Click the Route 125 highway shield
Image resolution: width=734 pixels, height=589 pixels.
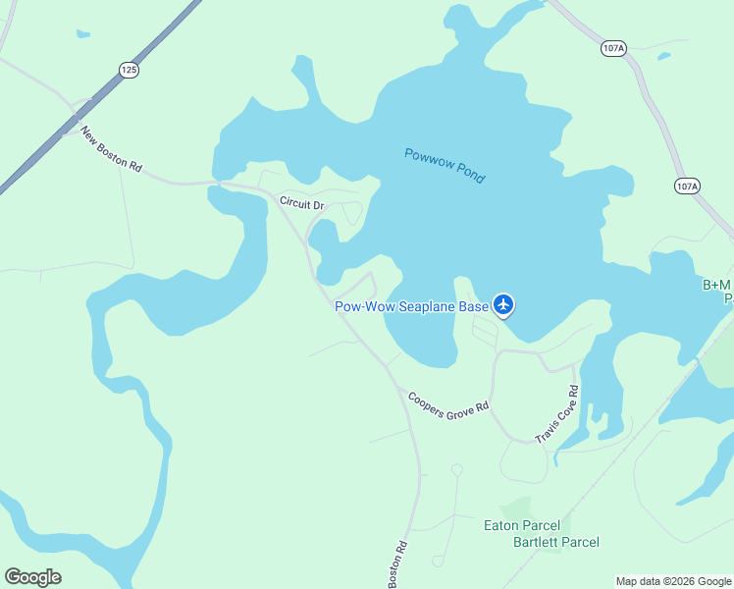(130, 69)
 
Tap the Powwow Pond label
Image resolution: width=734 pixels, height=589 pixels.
(445, 165)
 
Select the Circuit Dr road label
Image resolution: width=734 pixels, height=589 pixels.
(301, 203)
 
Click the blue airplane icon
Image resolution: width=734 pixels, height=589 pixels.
(503, 305)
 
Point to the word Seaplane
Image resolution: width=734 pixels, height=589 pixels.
(425, 306)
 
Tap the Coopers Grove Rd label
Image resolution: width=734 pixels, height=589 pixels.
(447, 403)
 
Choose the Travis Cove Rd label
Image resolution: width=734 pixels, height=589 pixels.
(557, 413)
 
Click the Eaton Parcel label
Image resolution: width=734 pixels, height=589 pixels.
(522, 525)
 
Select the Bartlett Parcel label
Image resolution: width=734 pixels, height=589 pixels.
(556, 542)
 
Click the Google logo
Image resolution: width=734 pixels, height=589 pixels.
(32, 577)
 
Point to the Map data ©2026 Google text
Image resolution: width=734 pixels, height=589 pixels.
(673, 581)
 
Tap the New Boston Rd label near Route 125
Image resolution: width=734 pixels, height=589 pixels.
(111, 149)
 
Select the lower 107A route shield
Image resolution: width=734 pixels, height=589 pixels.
(687, 186)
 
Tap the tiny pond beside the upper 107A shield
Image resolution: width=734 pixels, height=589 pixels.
(664, 56)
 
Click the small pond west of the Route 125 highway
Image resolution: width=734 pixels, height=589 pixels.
(82, 33)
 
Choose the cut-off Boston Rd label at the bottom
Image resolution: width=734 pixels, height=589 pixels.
(397, 567)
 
